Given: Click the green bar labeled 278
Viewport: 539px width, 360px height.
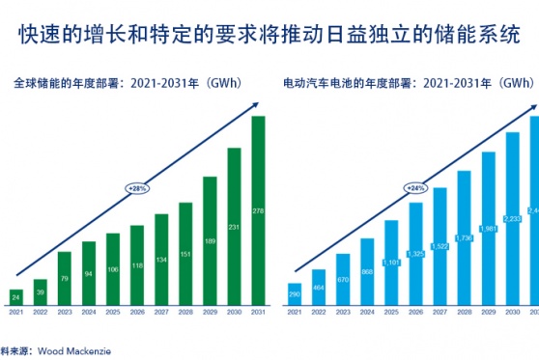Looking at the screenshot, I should (258, 209).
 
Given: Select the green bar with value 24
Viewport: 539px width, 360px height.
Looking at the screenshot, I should (16, 297).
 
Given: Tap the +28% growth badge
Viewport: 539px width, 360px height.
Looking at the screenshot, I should (138, 187).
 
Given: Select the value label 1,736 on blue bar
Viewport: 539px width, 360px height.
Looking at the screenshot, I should (464, 238).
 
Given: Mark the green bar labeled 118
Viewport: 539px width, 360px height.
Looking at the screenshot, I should (137, 265).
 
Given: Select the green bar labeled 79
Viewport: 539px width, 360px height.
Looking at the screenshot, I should (65, 279).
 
